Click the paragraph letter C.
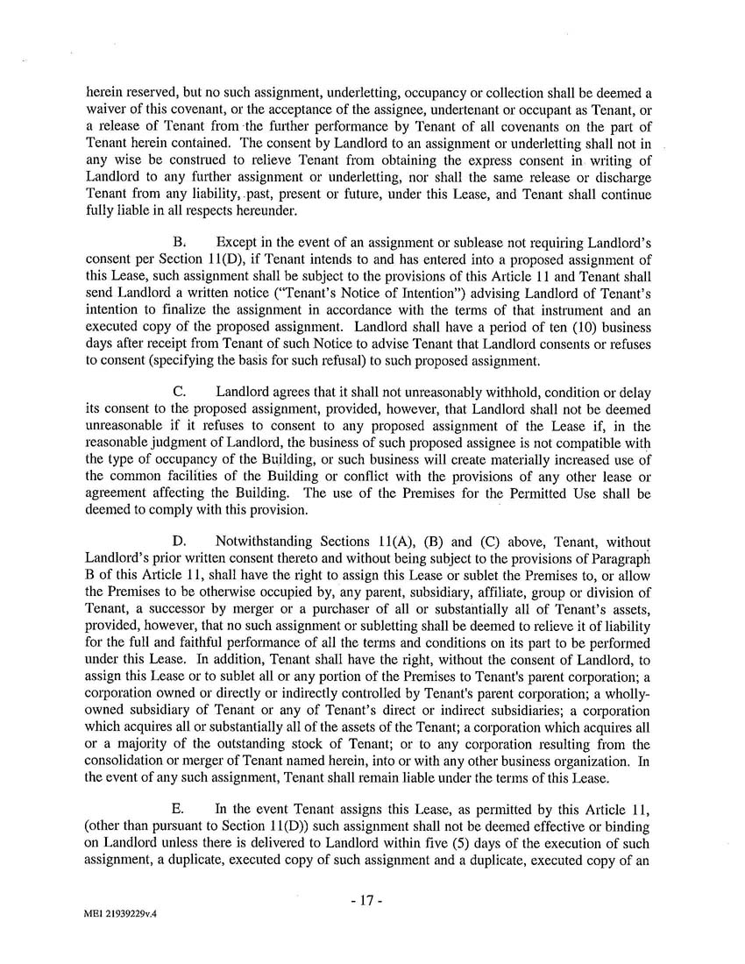[178, 392]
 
